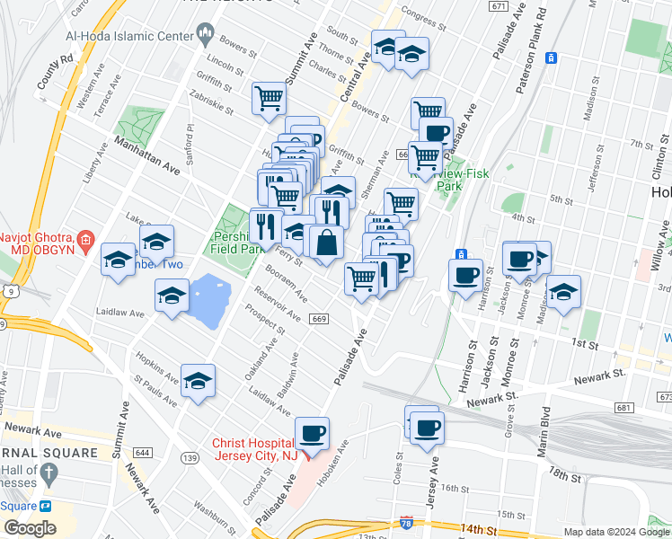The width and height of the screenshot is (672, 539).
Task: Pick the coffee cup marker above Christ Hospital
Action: (x=312, y=435)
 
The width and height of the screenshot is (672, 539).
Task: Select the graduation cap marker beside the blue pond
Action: (x=172, y=296)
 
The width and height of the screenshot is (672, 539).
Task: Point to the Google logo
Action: (x=30, y=528)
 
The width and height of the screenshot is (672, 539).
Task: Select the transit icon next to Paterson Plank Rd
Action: (x=553, y=58)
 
